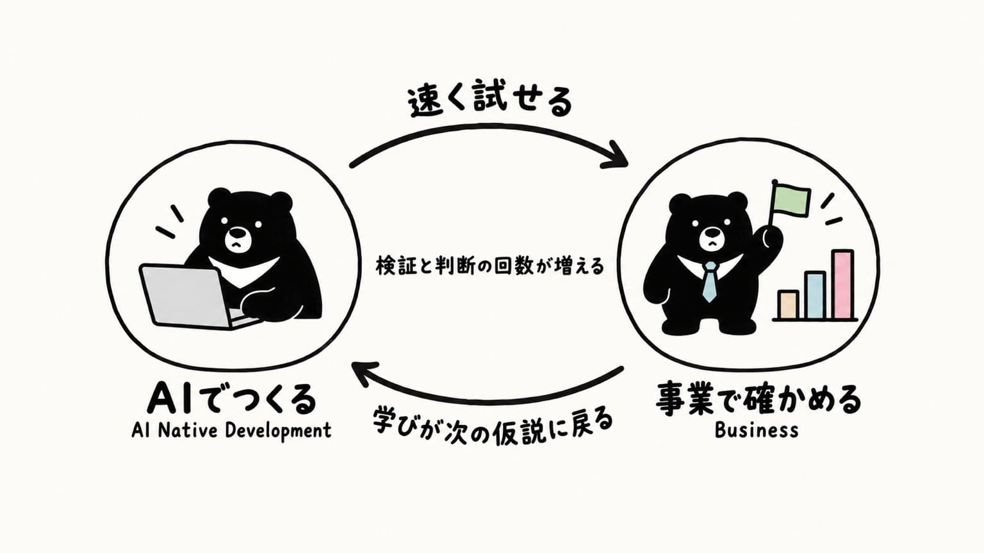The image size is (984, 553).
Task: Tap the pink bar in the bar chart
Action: point(842,284)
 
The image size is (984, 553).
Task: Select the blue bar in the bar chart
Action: point(815,295)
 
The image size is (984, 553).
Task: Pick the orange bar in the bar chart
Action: point(787,305)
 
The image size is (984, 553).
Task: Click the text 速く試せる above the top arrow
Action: point(490,101)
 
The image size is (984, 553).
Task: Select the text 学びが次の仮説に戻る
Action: point(492,426)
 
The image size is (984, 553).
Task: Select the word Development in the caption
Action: point(278,431)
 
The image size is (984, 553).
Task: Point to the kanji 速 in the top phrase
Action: point(423,102)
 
